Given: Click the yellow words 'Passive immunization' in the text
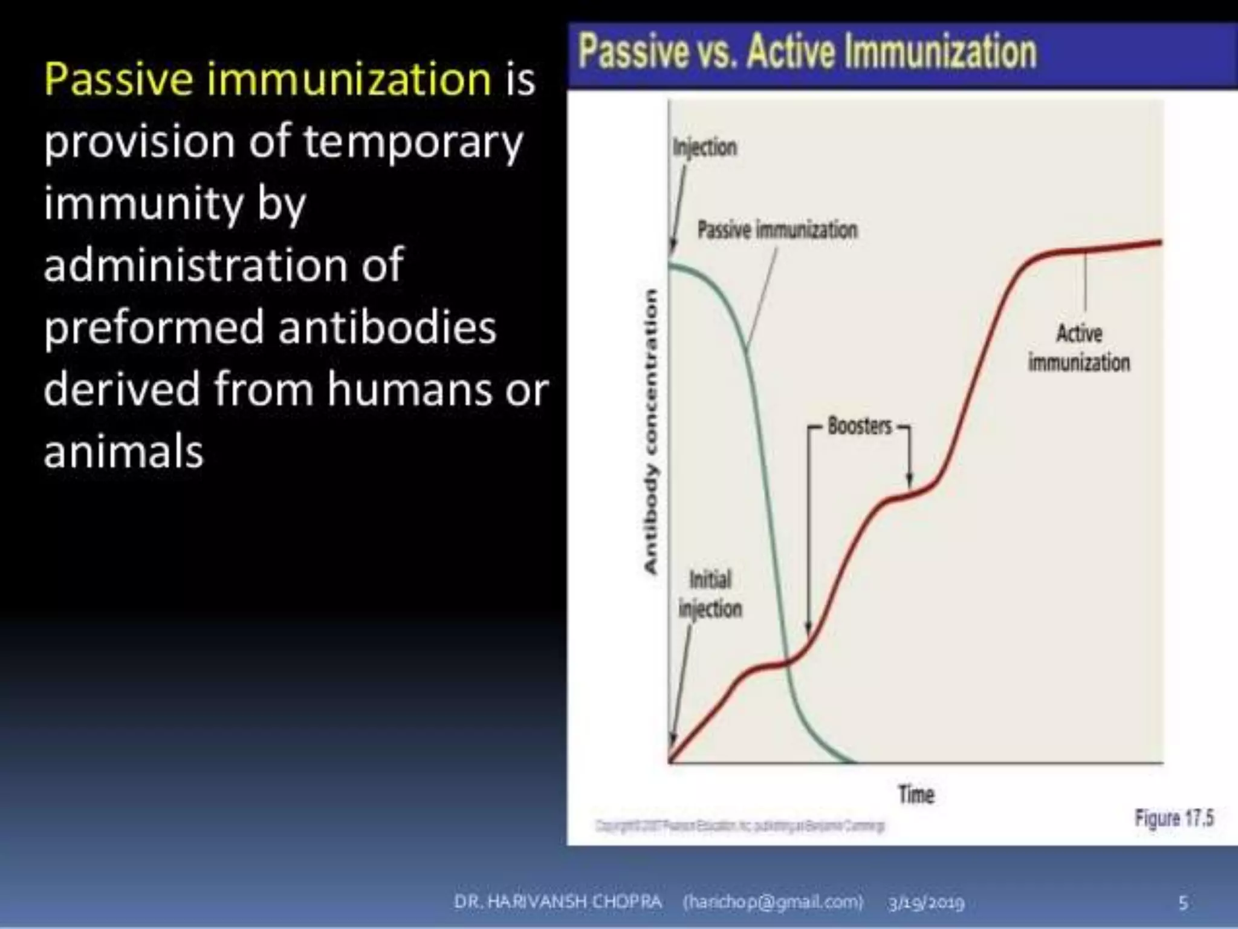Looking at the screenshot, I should coord(268,79).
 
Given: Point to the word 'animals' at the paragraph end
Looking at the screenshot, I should coord(124,452).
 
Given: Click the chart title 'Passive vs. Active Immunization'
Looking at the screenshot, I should coord(807,51).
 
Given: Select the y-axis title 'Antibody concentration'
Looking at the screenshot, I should coord(650,431).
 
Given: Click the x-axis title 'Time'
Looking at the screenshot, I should coord(916,794).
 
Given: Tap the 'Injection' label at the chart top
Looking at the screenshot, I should coord(705,147).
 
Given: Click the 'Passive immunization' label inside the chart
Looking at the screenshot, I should coord(777,230).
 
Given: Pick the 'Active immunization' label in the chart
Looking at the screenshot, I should coord(1079,348).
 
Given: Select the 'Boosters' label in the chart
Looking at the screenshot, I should coord(859,426).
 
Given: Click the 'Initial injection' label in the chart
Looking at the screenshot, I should coord(710,594).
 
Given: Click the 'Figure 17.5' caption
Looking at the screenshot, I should coord(1174,818).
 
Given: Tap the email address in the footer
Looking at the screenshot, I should coord(773,902).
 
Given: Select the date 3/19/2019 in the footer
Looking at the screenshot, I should coord(926,902).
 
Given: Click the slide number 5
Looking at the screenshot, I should coord(1183,903).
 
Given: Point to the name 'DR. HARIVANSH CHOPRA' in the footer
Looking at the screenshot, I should coord(557,902).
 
